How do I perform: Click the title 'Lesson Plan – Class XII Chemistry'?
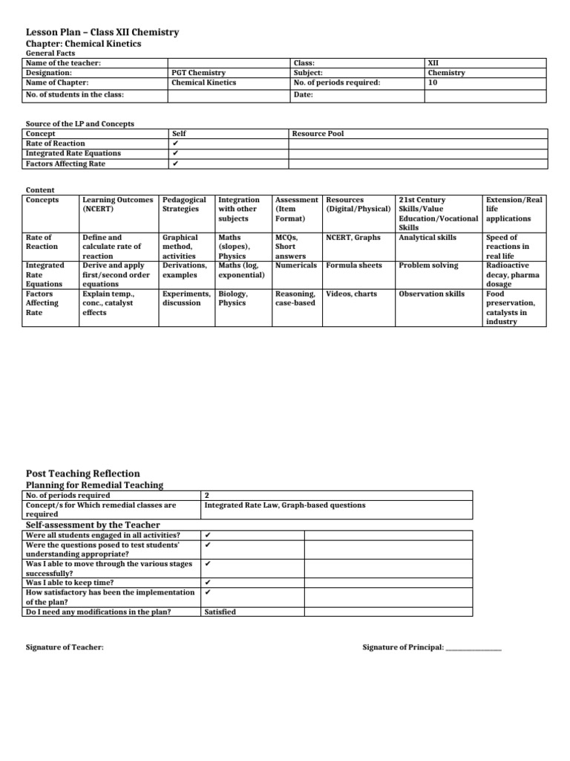(x=102, y=33)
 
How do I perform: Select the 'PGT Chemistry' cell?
(x=199, y=73)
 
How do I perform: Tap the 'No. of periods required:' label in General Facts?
(x=337, y=82)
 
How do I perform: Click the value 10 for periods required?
(x=433, y=82)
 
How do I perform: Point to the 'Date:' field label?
(x=303, y=95)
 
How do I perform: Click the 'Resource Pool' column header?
(x=318, y=134)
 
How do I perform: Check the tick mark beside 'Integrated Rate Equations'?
(x=174, y=153)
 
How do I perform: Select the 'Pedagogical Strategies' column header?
(x=184, y=204)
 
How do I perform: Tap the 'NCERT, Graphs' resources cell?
(x=353, y=238)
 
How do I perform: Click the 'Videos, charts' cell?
(x=352, y=294)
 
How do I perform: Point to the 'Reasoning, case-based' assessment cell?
(x=295, y=298)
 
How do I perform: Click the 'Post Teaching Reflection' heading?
(x=82, y=473)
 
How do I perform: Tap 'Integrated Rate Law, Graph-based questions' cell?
(x=285, y=505)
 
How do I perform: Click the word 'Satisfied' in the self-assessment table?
(x=220, y=612)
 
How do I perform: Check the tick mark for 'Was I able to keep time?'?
(x=208, y=583)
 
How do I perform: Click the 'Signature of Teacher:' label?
(x=65, y=648)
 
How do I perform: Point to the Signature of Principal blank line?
(x=474, y=650)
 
